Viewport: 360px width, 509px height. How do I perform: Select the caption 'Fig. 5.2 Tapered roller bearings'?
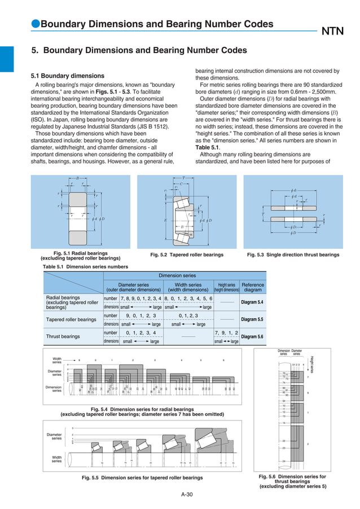(187, 255)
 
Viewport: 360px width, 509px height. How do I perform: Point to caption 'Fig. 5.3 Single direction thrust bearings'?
(293, 255)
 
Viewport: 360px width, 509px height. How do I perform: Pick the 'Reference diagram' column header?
(252, 288)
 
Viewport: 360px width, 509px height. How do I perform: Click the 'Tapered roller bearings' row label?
(71, 319)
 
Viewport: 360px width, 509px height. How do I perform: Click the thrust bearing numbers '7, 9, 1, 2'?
(226, 333)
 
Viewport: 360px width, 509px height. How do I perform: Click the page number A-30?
(187, 495)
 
